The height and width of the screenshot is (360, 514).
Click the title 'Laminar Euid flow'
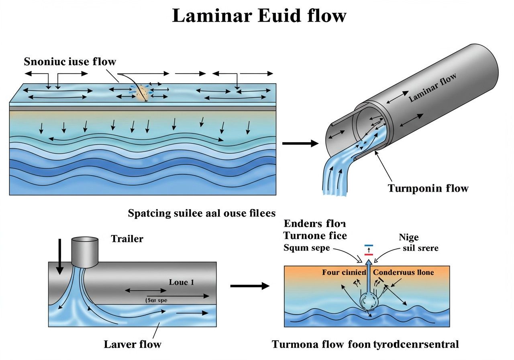[x=259, y=16]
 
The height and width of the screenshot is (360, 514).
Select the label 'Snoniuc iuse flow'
[x=70, y=61]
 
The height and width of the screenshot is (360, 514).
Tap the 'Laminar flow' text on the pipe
[x=433, y=89]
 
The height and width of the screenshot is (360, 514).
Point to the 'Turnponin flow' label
[x=428, y=188]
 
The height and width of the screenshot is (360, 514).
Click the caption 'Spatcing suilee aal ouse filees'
[x=202, y=213]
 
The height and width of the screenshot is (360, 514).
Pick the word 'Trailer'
[x=127, y=239]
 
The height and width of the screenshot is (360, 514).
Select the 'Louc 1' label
[x=182, y=282]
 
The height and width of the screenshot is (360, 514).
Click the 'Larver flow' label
[x=133, y=344]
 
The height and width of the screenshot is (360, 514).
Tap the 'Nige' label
[x=409, y=237]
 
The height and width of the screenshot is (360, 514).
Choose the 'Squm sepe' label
[x=306, y=248]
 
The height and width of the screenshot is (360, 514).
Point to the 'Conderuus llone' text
[x=404, y=272]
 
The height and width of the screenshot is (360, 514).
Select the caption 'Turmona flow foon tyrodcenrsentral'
[x=365, y=344]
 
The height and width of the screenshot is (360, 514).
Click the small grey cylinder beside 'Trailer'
[x=85, y=252]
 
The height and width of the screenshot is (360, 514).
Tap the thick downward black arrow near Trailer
[x=59, y=257]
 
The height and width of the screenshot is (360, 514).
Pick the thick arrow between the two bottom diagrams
[x=249, y=286]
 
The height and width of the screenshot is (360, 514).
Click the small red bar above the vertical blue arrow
[x=368, y=254]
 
